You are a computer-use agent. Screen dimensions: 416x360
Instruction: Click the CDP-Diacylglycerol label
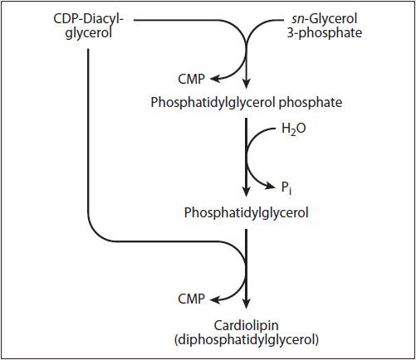[x=88, y=27]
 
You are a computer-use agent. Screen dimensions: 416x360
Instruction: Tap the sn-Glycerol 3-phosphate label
[x=325, y=26]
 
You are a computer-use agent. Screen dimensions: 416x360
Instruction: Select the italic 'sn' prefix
[x=298, y=19]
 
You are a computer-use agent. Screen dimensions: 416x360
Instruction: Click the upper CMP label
[x=191, y=80]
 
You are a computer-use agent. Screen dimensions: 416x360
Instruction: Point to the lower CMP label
[x=191, y=299]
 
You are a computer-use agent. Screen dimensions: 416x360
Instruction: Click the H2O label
[x=293, y=129]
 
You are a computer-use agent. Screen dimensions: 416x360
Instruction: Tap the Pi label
[x=286, y=188]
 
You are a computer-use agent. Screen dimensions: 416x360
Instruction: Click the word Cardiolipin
[x=246, y=325]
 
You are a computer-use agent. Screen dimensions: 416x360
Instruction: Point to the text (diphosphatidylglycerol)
[x=247, y=339]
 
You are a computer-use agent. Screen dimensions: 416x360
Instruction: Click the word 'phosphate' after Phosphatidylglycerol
[x=311, y=103]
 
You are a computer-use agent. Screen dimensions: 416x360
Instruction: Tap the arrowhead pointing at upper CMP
[x=215, y=79]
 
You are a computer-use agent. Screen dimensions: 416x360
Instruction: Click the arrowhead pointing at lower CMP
[x=215, y=299]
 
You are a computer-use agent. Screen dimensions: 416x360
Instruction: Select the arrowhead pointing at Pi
[x=270, y=186]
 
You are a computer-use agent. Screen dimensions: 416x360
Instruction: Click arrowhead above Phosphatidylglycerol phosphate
[x=247, y=84]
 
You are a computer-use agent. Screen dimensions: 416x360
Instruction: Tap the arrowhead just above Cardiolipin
[x=247, y=303]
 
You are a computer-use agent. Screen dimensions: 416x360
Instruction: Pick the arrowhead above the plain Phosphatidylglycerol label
[x=247, y=192]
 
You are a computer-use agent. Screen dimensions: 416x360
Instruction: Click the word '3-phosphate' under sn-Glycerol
[x=325, y=33]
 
